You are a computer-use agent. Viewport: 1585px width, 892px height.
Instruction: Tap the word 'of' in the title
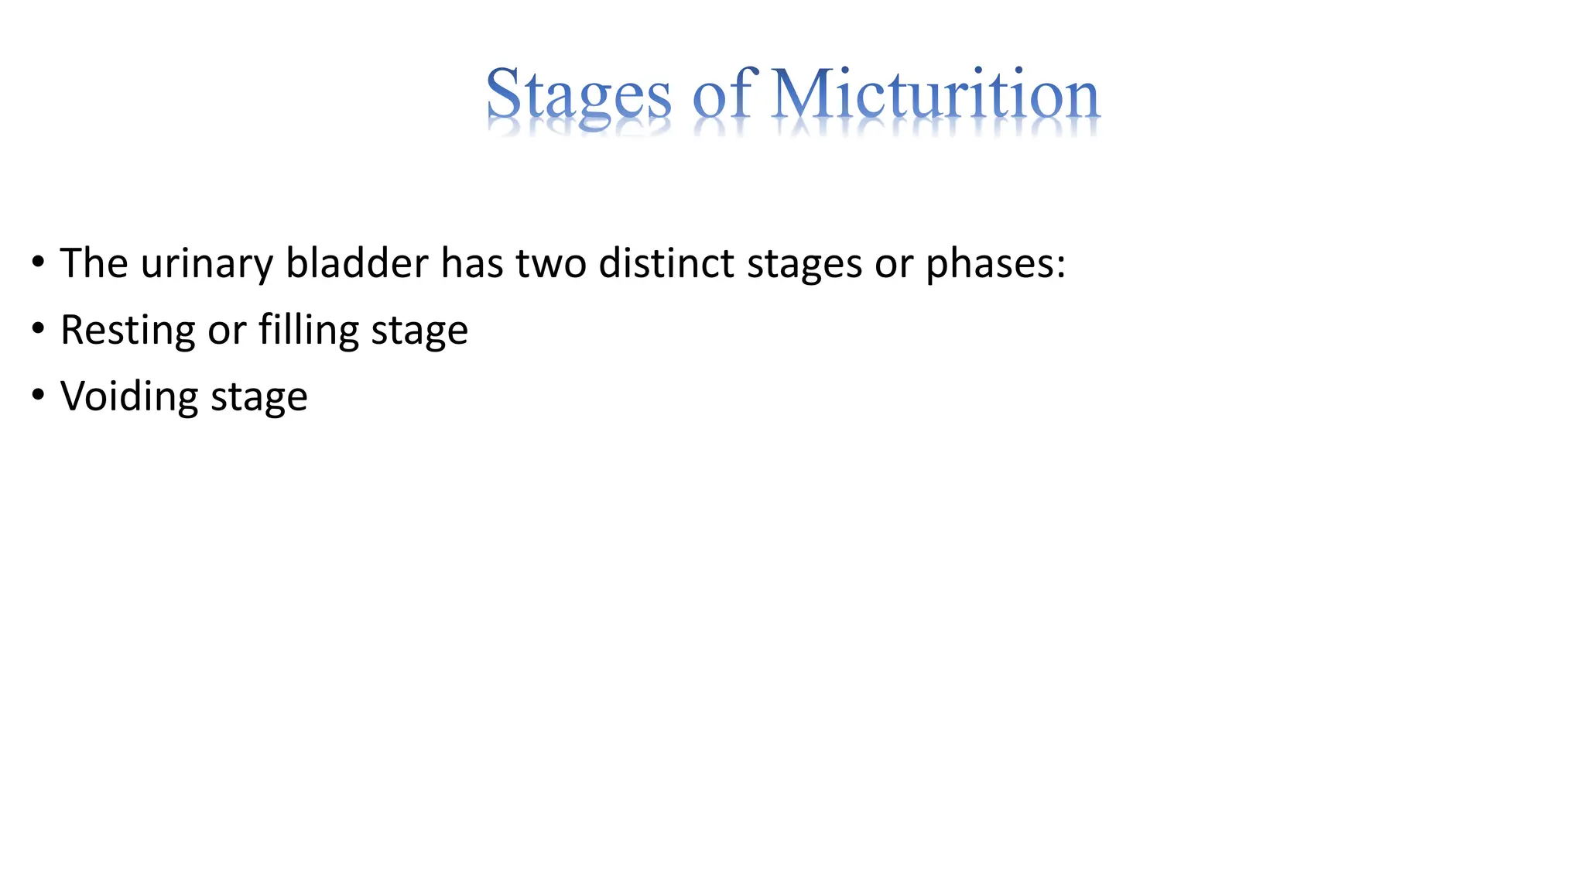click(x=722, y=94)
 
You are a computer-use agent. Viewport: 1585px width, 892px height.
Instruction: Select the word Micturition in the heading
click(x=936, y=94)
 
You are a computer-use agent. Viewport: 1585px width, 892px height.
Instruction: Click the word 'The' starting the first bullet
click(x=94, y=263)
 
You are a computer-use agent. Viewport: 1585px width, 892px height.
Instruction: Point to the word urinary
click(x=207, y=265)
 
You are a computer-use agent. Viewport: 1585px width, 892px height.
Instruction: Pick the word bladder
click(x=357, y=263)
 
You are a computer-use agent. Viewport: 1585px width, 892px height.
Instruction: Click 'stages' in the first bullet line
click(x=804, y=265)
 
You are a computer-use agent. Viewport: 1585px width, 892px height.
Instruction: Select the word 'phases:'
click(x=996, y=265)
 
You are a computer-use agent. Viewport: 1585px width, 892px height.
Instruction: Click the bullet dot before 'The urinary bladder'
click(x=38, y=263)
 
